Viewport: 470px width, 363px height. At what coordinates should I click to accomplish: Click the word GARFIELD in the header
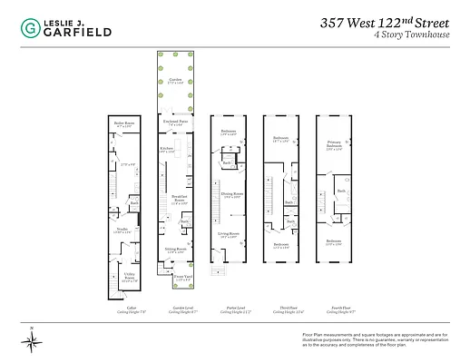tap(78, 33)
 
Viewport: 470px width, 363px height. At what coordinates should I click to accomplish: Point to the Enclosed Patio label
tap(175, 121)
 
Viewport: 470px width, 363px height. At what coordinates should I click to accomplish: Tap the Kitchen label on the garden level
tap(167, 147)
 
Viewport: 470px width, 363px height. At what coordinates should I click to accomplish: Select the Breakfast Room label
tap(179, 198)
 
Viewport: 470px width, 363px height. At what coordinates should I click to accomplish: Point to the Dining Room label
tap(232, 193)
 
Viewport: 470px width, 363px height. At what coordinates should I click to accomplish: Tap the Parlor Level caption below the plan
tap(230, 308)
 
